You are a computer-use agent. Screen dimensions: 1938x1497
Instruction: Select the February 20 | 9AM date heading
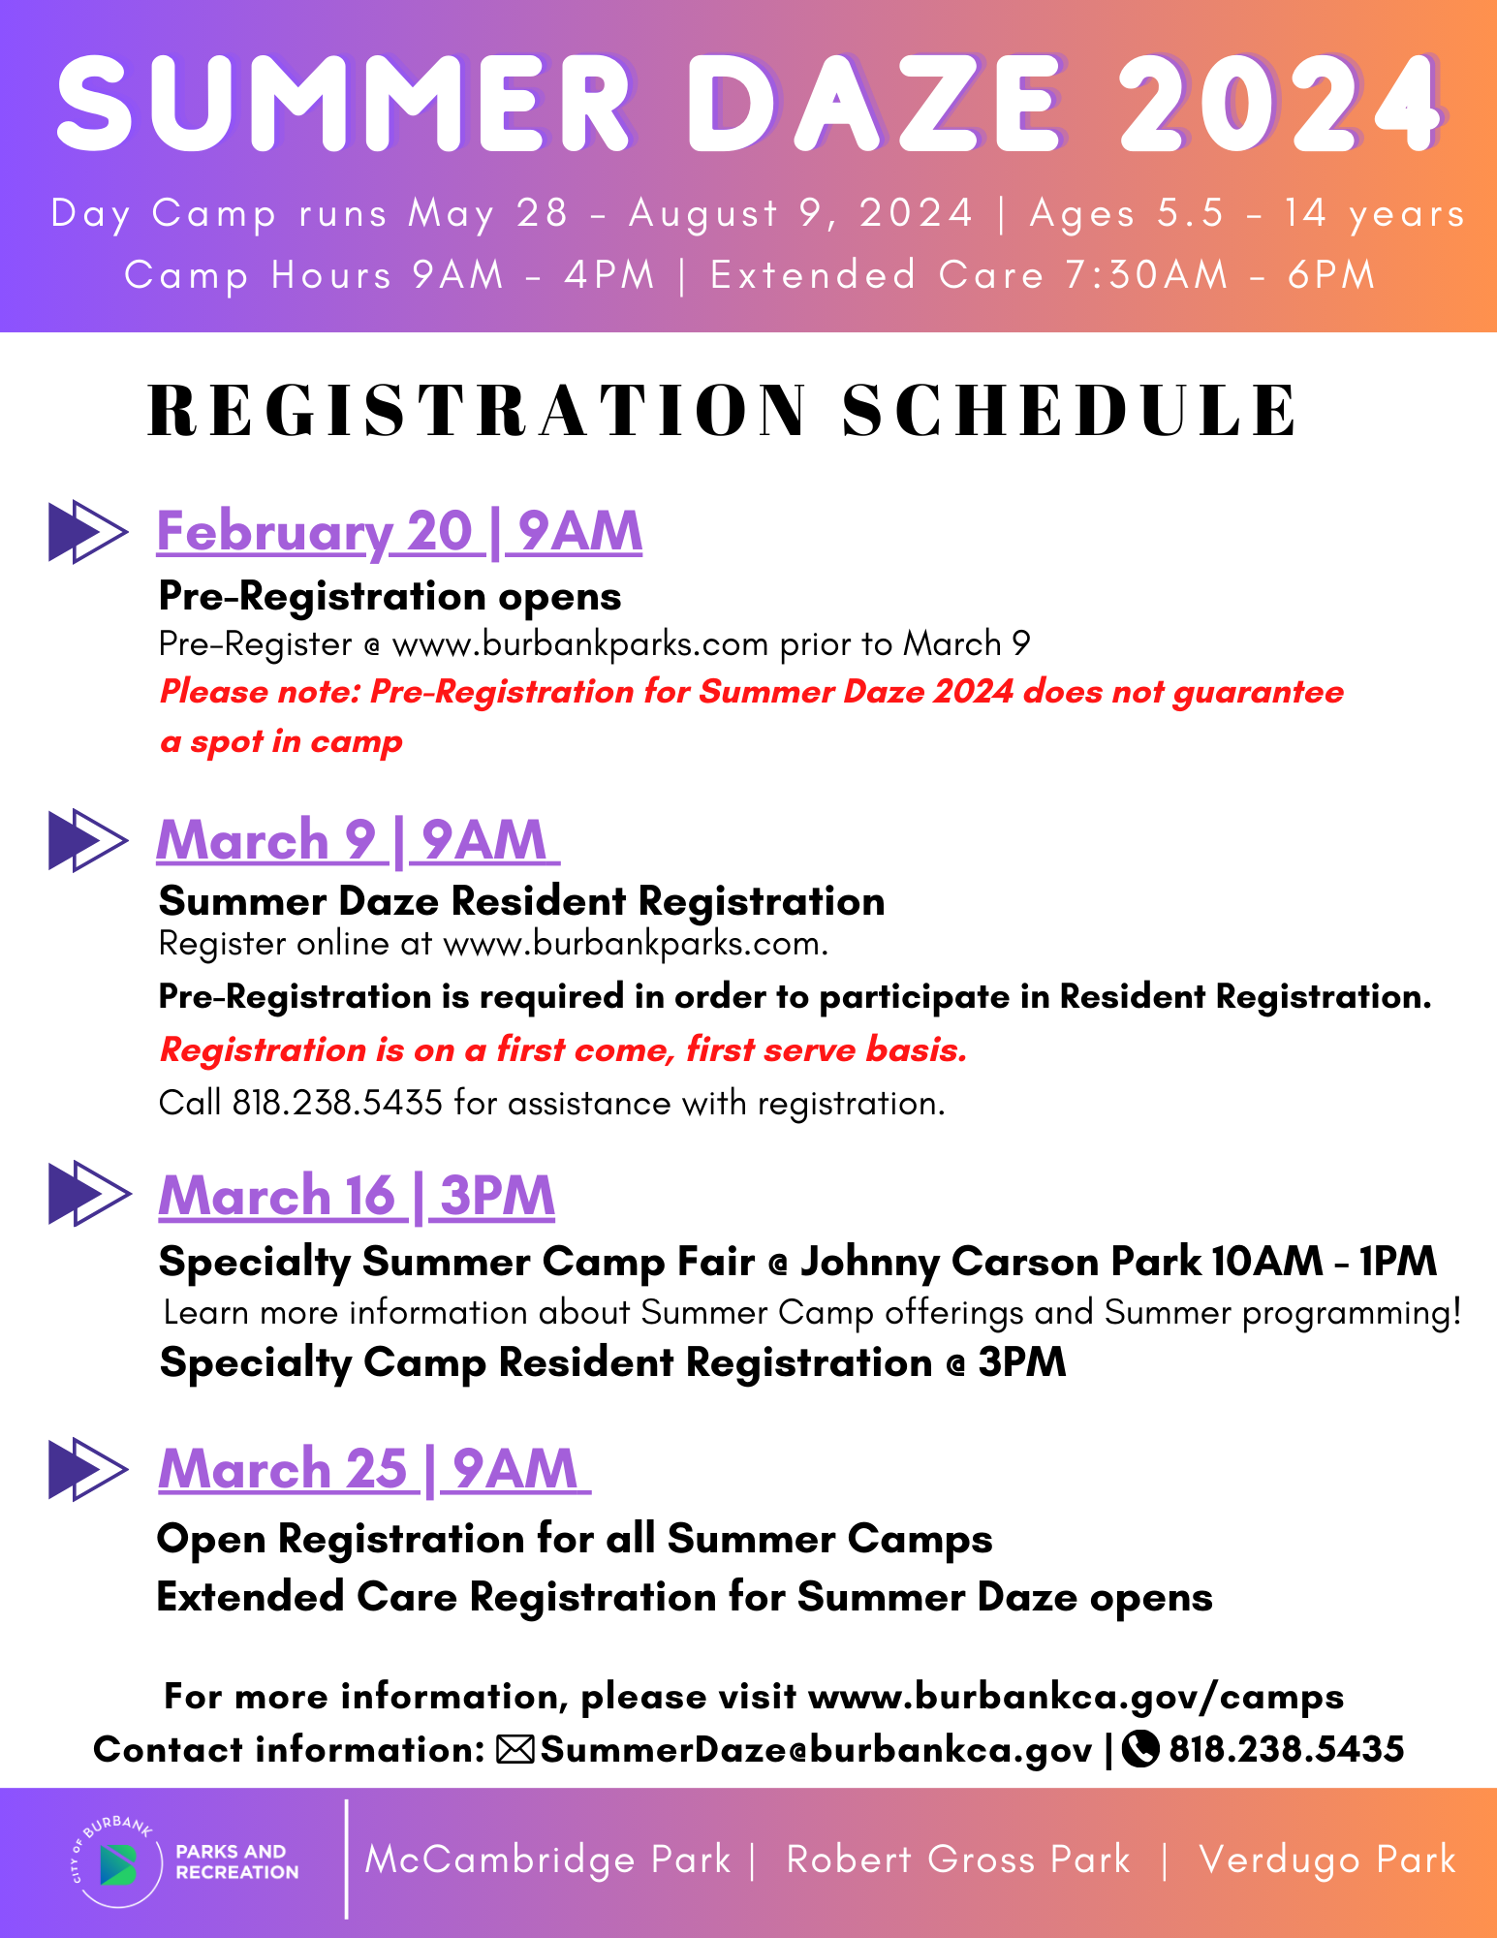(399, 532)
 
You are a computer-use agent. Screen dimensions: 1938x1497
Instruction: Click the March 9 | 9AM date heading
(357, 840)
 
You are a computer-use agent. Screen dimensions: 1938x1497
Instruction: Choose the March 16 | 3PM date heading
(357, 1196)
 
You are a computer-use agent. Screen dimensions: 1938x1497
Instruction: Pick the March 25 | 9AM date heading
(373, 1469)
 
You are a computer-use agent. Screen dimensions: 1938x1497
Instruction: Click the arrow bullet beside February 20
(87, 532)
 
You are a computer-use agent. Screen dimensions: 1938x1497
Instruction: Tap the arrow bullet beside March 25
(87, 1469)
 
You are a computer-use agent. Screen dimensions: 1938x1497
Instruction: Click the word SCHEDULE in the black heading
(1069, 411)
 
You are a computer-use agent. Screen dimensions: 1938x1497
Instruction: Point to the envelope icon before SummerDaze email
(515, 1749)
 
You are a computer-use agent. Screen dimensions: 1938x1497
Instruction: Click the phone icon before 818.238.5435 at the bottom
(1140, 1749)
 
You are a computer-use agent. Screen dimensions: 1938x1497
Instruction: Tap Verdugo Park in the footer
(1326, 1860)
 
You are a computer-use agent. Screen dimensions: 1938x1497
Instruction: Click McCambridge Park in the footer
(547, 1860)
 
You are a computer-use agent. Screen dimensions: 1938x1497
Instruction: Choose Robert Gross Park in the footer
(957, 1860)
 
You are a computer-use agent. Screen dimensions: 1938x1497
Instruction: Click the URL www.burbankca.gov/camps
(1076, 1697)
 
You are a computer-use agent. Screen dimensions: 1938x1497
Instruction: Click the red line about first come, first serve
(563, 1049)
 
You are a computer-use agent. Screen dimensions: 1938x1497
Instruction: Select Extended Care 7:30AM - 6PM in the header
(1042, 275)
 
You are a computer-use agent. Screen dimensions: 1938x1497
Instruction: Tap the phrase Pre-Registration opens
(390, 597)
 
